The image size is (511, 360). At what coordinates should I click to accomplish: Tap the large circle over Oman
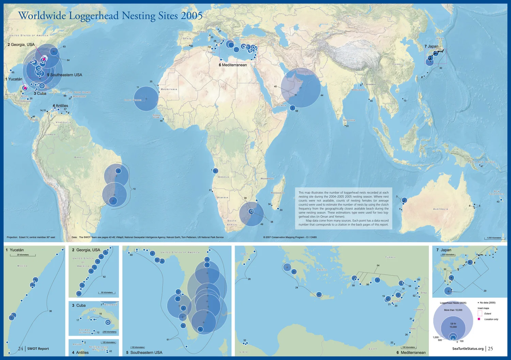point(300,88)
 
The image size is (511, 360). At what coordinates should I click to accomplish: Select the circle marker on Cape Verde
point(146,99)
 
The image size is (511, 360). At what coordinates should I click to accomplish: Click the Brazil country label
point(79,157)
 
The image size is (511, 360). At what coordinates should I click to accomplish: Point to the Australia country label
point(440,209)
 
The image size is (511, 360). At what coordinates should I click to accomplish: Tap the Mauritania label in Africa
point(169,89)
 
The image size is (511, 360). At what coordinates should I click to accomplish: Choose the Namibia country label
point(223,198)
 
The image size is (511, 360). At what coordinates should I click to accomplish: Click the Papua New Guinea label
point(481,162)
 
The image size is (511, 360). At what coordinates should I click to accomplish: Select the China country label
point(397,64)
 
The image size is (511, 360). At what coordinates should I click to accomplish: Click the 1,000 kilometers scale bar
point(494,238)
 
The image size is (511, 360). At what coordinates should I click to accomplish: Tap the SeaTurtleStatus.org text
point(468,349)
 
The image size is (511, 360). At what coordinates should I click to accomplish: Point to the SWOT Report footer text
point(38,349)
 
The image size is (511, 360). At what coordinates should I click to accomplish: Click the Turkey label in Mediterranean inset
point(390,257)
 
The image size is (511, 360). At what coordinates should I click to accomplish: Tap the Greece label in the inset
point(322,270)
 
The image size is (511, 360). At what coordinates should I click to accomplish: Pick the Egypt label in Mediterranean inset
point(373,349)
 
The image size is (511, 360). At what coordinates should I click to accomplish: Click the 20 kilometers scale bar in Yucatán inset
point(23,255)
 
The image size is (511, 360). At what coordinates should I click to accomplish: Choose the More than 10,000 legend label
point(453,310)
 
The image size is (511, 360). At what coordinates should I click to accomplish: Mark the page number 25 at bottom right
point(490,348)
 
